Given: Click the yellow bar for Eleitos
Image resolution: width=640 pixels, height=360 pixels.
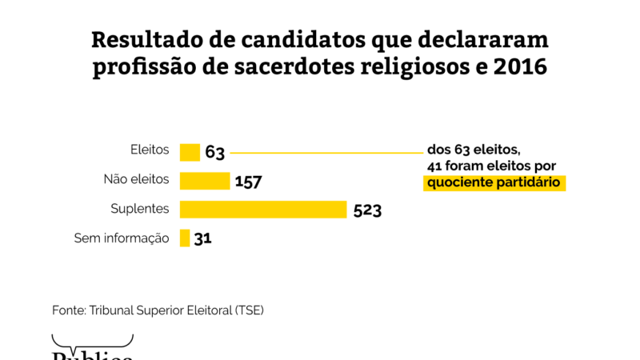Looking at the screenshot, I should [190, 152].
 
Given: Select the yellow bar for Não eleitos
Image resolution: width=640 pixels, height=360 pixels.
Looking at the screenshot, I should [205, 181].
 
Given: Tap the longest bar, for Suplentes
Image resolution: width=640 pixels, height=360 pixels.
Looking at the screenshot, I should [263, 210].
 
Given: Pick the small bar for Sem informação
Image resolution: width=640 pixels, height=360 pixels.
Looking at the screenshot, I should [185, 238].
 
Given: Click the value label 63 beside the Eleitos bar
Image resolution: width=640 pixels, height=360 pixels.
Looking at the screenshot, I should [214, 152].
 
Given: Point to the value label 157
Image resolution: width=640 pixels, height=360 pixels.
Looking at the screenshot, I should [248, 182].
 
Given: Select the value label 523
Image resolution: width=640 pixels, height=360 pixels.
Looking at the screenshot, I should [366, 210].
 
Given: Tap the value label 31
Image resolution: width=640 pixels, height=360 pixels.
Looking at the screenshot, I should [202, 238].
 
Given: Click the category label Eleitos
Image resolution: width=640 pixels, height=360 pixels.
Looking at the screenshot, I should [150, 150].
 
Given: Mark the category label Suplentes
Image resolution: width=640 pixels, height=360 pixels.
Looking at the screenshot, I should [140, 209].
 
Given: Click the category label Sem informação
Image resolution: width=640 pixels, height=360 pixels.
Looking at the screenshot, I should [122, 238].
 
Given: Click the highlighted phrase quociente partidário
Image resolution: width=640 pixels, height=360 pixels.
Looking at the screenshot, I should [494, 182].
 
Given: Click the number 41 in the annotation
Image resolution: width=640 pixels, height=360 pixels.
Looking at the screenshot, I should [434, 166].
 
